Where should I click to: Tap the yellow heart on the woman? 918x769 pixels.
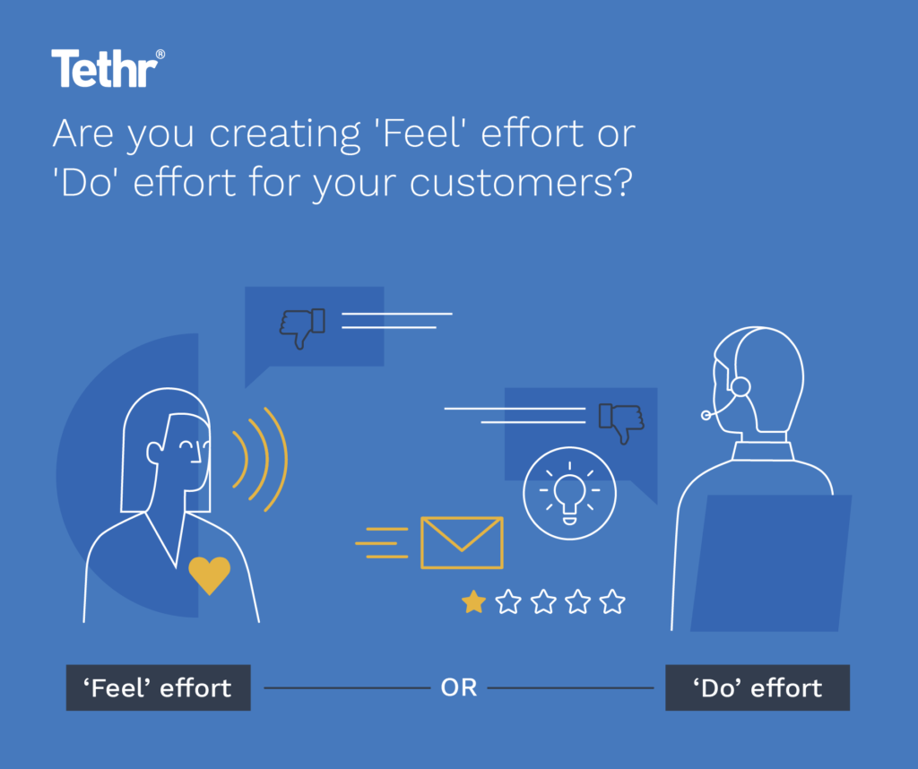click(209, 575)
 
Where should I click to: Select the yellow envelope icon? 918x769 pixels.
click(462, 542)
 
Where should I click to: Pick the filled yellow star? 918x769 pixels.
click(472, 601)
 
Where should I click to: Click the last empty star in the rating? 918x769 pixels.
click(612, 601)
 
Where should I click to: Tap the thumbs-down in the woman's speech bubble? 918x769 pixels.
click(301, 327)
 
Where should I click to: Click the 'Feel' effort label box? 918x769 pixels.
click(158, 687)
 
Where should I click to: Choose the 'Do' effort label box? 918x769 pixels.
click(757, 687)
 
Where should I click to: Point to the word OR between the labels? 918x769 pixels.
click(458, 688)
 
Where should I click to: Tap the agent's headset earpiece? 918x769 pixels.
click(740, 386)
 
